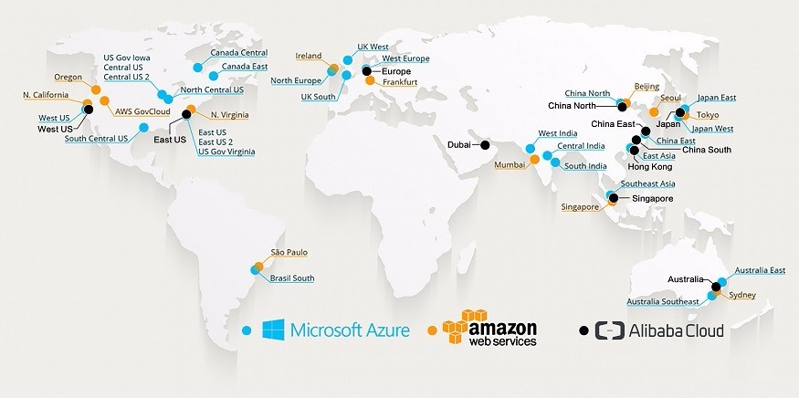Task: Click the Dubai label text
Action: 458,145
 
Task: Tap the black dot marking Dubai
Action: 485,145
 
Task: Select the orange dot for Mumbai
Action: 534,160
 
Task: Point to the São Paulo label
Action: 289,252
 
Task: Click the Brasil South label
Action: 292,278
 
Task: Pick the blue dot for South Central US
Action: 143,128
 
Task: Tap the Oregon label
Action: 68,78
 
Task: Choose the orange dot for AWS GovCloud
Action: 104,100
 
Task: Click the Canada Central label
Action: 239,53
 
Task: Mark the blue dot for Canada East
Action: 214,76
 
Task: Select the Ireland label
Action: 309,56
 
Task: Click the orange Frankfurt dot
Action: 370,80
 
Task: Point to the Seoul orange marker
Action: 654,112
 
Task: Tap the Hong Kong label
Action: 649,167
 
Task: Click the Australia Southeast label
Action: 663,301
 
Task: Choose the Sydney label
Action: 742,295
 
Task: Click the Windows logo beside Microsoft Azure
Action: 274,330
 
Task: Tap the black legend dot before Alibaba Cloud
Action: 584,330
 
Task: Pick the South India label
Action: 585,166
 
